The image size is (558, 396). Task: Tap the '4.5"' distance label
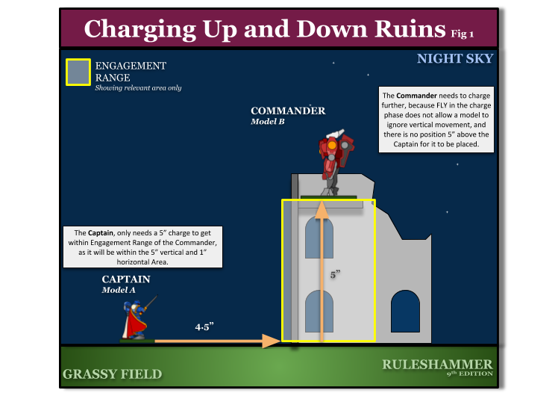click(x=204, y=327)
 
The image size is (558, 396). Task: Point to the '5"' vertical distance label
click(x=336, y=275)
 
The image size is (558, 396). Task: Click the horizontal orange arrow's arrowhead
click(x=272, y=341)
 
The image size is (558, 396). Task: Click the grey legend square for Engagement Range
click(x=78, y=72)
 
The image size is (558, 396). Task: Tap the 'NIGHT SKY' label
click(x=454, y=58)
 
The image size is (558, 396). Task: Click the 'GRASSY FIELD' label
click(x=112, y=374)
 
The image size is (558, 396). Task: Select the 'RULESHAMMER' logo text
click(x=437, y=364)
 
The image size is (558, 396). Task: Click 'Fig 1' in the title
click(x=463, y=33)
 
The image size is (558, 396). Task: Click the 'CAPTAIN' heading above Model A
click(x=126, y=279)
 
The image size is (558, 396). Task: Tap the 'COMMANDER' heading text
click(x=288, y=111)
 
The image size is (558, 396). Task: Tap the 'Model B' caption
click(x=268, y=122)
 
